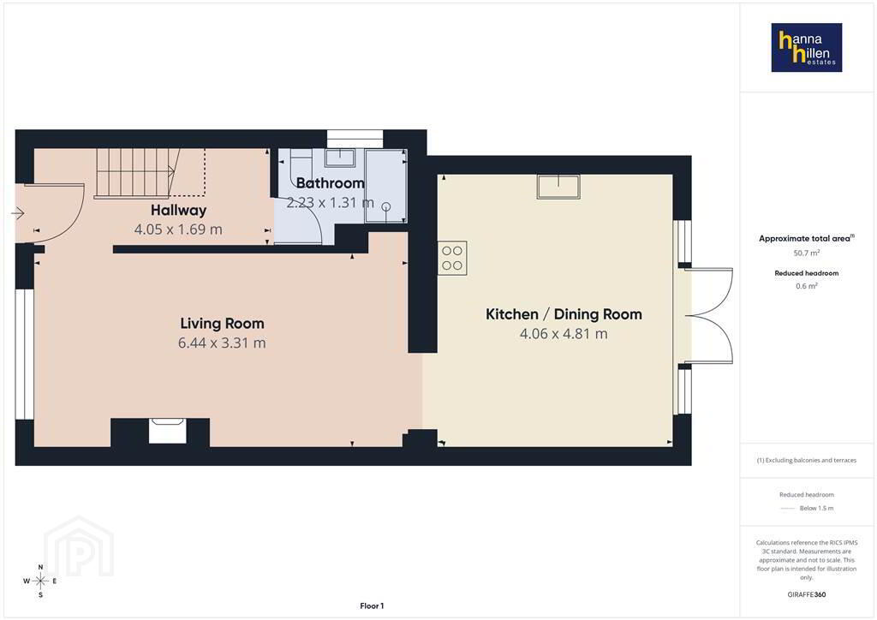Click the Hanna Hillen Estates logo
tap(807, 47)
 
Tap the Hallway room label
tap(178, 210)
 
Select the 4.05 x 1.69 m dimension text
tap(178, 230)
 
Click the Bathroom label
tap(330, 182)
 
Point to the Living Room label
tap(222, 323)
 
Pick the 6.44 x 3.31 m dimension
tap(222, 343)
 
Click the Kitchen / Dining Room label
tap(564, 314)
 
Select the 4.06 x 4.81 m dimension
tap(564, 334)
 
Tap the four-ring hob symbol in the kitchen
tap(452, 258)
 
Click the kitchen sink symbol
tap(558, 187)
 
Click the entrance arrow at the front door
tap(18, 213)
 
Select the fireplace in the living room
tap(167, 431)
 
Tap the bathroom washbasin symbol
tap(340, 158)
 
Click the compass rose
tap(40, 581)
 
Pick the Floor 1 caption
tap(372, 606)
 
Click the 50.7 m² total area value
tap(807, 253)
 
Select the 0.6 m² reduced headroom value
tap(807, 286)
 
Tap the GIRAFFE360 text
tap(807, 594)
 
